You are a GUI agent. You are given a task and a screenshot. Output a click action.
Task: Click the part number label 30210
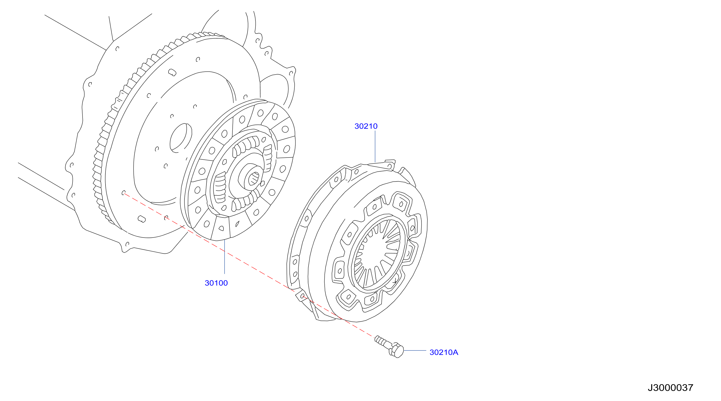click(x=366, y=126)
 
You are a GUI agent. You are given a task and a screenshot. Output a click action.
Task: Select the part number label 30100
click(x=216, y=283)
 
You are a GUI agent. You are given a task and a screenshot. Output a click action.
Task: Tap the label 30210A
click(x=444, y=352)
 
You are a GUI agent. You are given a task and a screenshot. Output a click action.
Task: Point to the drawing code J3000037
click(x=670, y=387)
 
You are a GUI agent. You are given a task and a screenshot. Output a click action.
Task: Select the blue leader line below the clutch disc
click(x=225, y=257)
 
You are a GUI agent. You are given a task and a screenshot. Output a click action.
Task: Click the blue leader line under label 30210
click(x=375, y=146)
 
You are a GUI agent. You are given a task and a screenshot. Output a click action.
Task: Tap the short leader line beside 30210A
click(x=415, y=350)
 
